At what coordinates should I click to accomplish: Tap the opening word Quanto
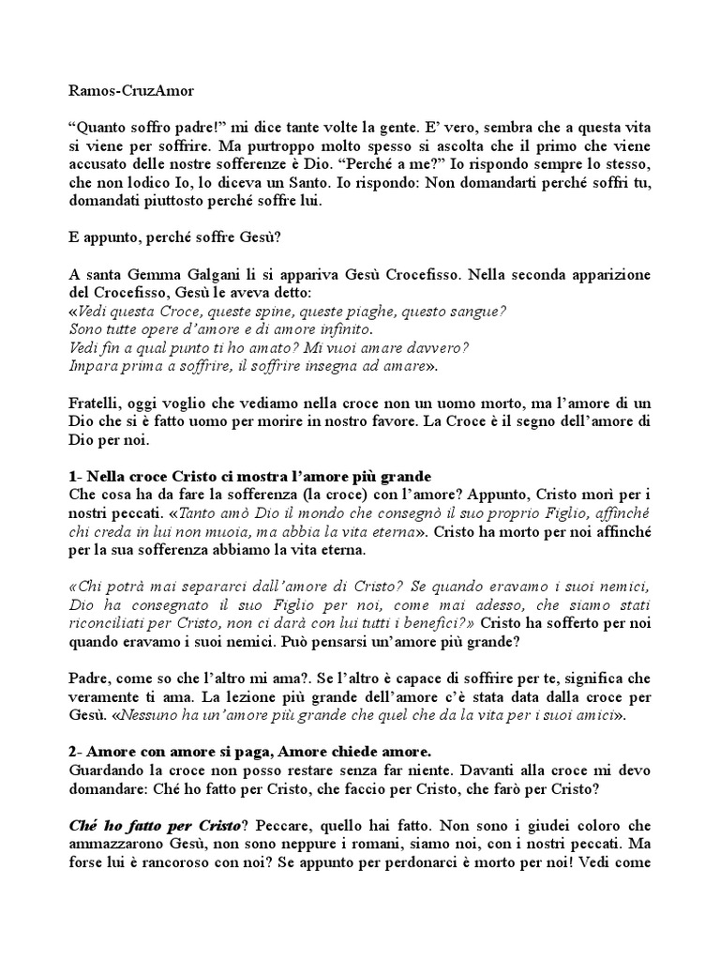click(101, 127)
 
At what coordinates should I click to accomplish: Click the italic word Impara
click(94, 366)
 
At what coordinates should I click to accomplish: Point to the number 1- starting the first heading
click(78, 476)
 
